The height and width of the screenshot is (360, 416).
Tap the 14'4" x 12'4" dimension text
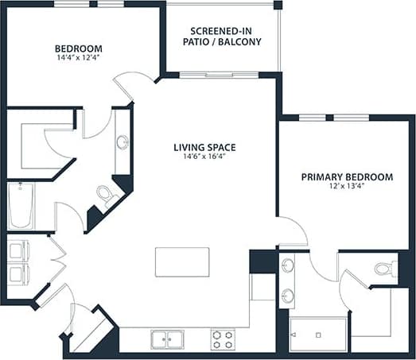click(79, 58)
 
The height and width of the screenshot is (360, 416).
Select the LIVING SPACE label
click(205, 147)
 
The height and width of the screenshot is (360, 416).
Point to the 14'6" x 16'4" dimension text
click(205, 157)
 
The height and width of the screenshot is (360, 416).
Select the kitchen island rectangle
click(182, 261)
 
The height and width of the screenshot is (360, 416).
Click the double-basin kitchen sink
click(168, 339)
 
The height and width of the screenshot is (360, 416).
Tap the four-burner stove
click(223, 339)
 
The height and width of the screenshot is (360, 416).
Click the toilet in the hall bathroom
click(106, 195)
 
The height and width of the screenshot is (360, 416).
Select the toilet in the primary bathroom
click(385, 269)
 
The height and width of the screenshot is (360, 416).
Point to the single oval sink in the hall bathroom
click(122, 142)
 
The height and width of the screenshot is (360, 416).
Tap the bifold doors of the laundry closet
click(56, 262)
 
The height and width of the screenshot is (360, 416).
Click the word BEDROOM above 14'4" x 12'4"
click(78, 48)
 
